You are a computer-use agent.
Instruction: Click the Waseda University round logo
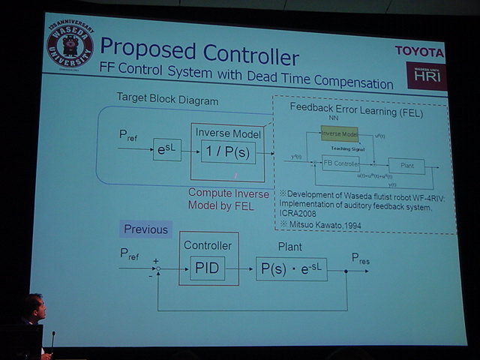pyautogui.click(x=70, y=46)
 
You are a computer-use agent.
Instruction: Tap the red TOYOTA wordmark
pyautogui.click(x=419, y=51)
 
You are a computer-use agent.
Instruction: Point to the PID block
pyautogui.click(x=207, y=267)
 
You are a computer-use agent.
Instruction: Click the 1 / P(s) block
pyautogui.click(x=228, y=152)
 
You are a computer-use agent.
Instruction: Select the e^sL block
pyautogui.click(x=166, y=149)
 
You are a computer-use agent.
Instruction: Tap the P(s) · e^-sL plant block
pyautogui.click(x=291, y=268)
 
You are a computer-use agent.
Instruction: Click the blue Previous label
pyautogui.click(x=147, y=229)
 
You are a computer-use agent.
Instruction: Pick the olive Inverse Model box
pyautogui.click(x=339, y=134)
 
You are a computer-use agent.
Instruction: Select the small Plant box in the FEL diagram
pyautogui.click(x=406, y=166)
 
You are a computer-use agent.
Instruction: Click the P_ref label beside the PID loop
pyautogui.click(x=130, y=254)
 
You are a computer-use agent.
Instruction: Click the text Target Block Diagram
pyautogui.click(x=167, y=99)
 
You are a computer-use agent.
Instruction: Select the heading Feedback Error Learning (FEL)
pyautogui.click(x=356, y=113)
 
